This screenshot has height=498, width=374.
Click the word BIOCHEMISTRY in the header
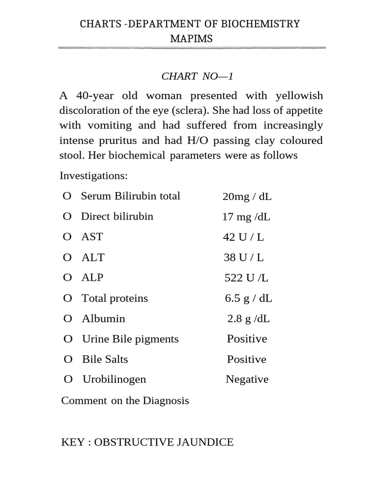[x=263, y=24]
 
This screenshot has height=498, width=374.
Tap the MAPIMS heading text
[x=191, y=39]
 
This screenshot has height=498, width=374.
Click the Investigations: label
[x=93, y=175]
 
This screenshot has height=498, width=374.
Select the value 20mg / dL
[x=247, y=196]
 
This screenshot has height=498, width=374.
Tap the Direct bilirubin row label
[x=117, y=216]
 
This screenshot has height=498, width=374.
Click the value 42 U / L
[x=243, y=237]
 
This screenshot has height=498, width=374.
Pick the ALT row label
[x=93, y=257]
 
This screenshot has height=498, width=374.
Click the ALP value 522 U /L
[x=246, y=278]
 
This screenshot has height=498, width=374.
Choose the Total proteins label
[x=114, y=298]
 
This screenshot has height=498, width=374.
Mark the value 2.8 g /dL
[x=248, y=319]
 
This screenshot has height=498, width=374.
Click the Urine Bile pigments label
[x=130, y=339]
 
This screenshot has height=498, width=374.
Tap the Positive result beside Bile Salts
[x=246, y=359]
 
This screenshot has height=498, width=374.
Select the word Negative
[x=247, y=379]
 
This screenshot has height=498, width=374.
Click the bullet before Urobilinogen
[x=68, y=379]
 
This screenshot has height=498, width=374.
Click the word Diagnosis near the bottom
[x=166, y=401]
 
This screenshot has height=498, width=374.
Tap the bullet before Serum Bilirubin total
[x=67, y=196]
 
